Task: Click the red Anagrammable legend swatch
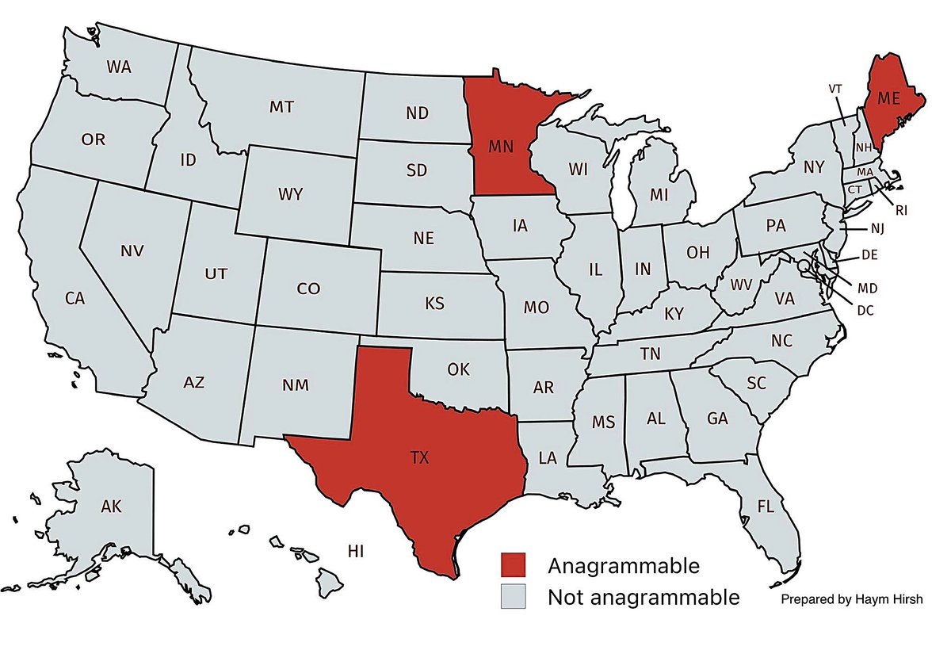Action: point(513,565)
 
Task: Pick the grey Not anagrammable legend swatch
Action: point(513,597)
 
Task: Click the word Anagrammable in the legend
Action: point(623,566)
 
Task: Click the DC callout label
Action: point(865,310)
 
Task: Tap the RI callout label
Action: point(902,210)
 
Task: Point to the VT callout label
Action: point(835,89)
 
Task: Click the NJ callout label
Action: point(876,229)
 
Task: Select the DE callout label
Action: point(869,255)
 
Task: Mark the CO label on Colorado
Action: point(308,289)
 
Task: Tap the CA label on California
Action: point(74,299)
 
